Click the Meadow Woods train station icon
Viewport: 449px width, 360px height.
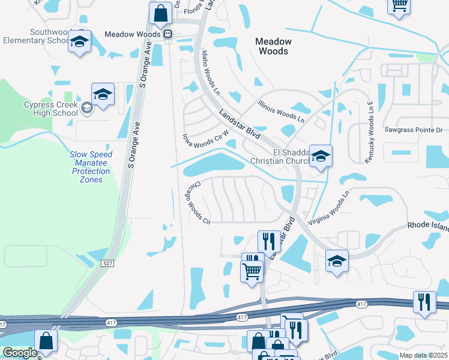coord(169,34)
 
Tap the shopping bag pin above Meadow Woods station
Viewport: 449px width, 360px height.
coord(161,14)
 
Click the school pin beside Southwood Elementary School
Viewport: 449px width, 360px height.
coord(79,43)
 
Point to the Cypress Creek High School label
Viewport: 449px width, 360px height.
coord(51,109)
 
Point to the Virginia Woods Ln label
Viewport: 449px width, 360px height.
coord(328,208)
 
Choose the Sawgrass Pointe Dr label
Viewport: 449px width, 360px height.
coord(413,130)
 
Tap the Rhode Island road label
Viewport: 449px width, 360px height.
coord(427,225)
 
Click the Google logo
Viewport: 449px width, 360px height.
coord(19,353)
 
